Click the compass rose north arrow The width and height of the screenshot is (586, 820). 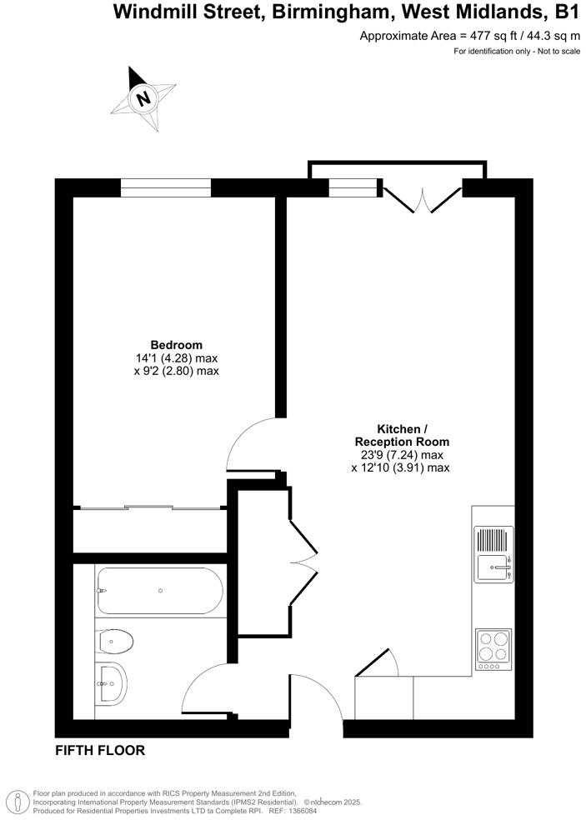(144, 97)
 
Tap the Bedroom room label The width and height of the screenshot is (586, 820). (176, 345)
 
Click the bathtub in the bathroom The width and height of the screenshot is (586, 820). (159, 590)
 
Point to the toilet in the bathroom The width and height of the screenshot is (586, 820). (115, 642)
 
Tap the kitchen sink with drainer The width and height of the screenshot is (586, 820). (493, 555)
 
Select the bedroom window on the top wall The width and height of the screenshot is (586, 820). (165, 188)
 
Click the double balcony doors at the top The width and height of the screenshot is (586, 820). (423, 200)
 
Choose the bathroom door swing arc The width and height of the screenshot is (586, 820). (205, 687)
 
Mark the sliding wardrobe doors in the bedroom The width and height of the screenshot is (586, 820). (150, 507)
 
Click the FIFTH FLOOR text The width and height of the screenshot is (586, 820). (100, 751)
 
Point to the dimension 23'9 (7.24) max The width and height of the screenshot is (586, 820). (401, 455)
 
